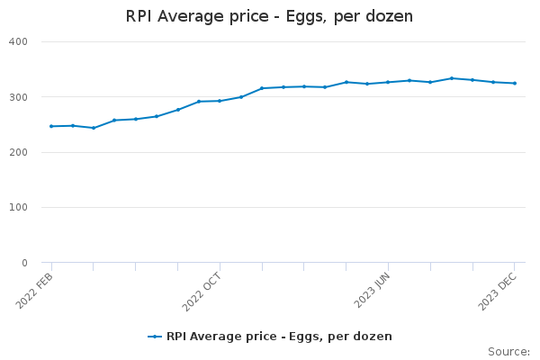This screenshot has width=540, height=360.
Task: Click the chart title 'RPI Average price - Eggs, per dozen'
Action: click(x=269, y=16)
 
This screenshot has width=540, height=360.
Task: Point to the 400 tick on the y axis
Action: click(x=18, y=41)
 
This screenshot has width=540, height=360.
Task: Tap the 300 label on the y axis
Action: click(x=18, y=97)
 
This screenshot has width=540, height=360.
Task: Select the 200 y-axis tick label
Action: click(x=18, y=152)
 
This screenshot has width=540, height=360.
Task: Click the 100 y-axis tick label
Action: click(x=18, y=208)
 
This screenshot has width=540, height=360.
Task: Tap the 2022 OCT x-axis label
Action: click(x=203, y=292)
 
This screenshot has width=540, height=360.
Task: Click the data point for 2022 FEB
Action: click(x=51, y=126)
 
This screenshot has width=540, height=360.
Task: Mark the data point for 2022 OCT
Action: click(x=220, y=101)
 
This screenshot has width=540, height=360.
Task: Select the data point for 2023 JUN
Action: click(x=388, y=82)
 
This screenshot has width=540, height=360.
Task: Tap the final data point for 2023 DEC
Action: click(x=515, y=84)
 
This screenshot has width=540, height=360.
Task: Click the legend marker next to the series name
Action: click(x=155, y=337)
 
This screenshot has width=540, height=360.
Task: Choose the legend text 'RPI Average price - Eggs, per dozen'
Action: click(x=279, y=337)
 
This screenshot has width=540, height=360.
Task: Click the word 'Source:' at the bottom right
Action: click(x=508, y=352)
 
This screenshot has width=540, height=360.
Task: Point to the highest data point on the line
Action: click(x=452, y=78)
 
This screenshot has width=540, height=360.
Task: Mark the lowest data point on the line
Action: click(x=94, y=128)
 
